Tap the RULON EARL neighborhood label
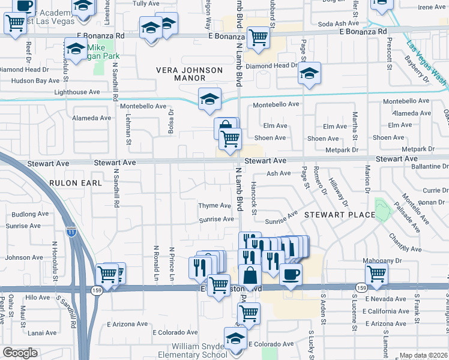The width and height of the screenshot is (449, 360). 72,182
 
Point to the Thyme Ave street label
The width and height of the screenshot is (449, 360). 215,206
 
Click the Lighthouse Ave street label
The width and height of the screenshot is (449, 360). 77,92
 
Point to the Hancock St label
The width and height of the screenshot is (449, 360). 254,199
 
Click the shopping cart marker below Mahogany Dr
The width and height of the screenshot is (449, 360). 376,274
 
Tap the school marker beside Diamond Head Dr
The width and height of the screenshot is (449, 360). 310,73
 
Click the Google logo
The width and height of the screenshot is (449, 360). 20,352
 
